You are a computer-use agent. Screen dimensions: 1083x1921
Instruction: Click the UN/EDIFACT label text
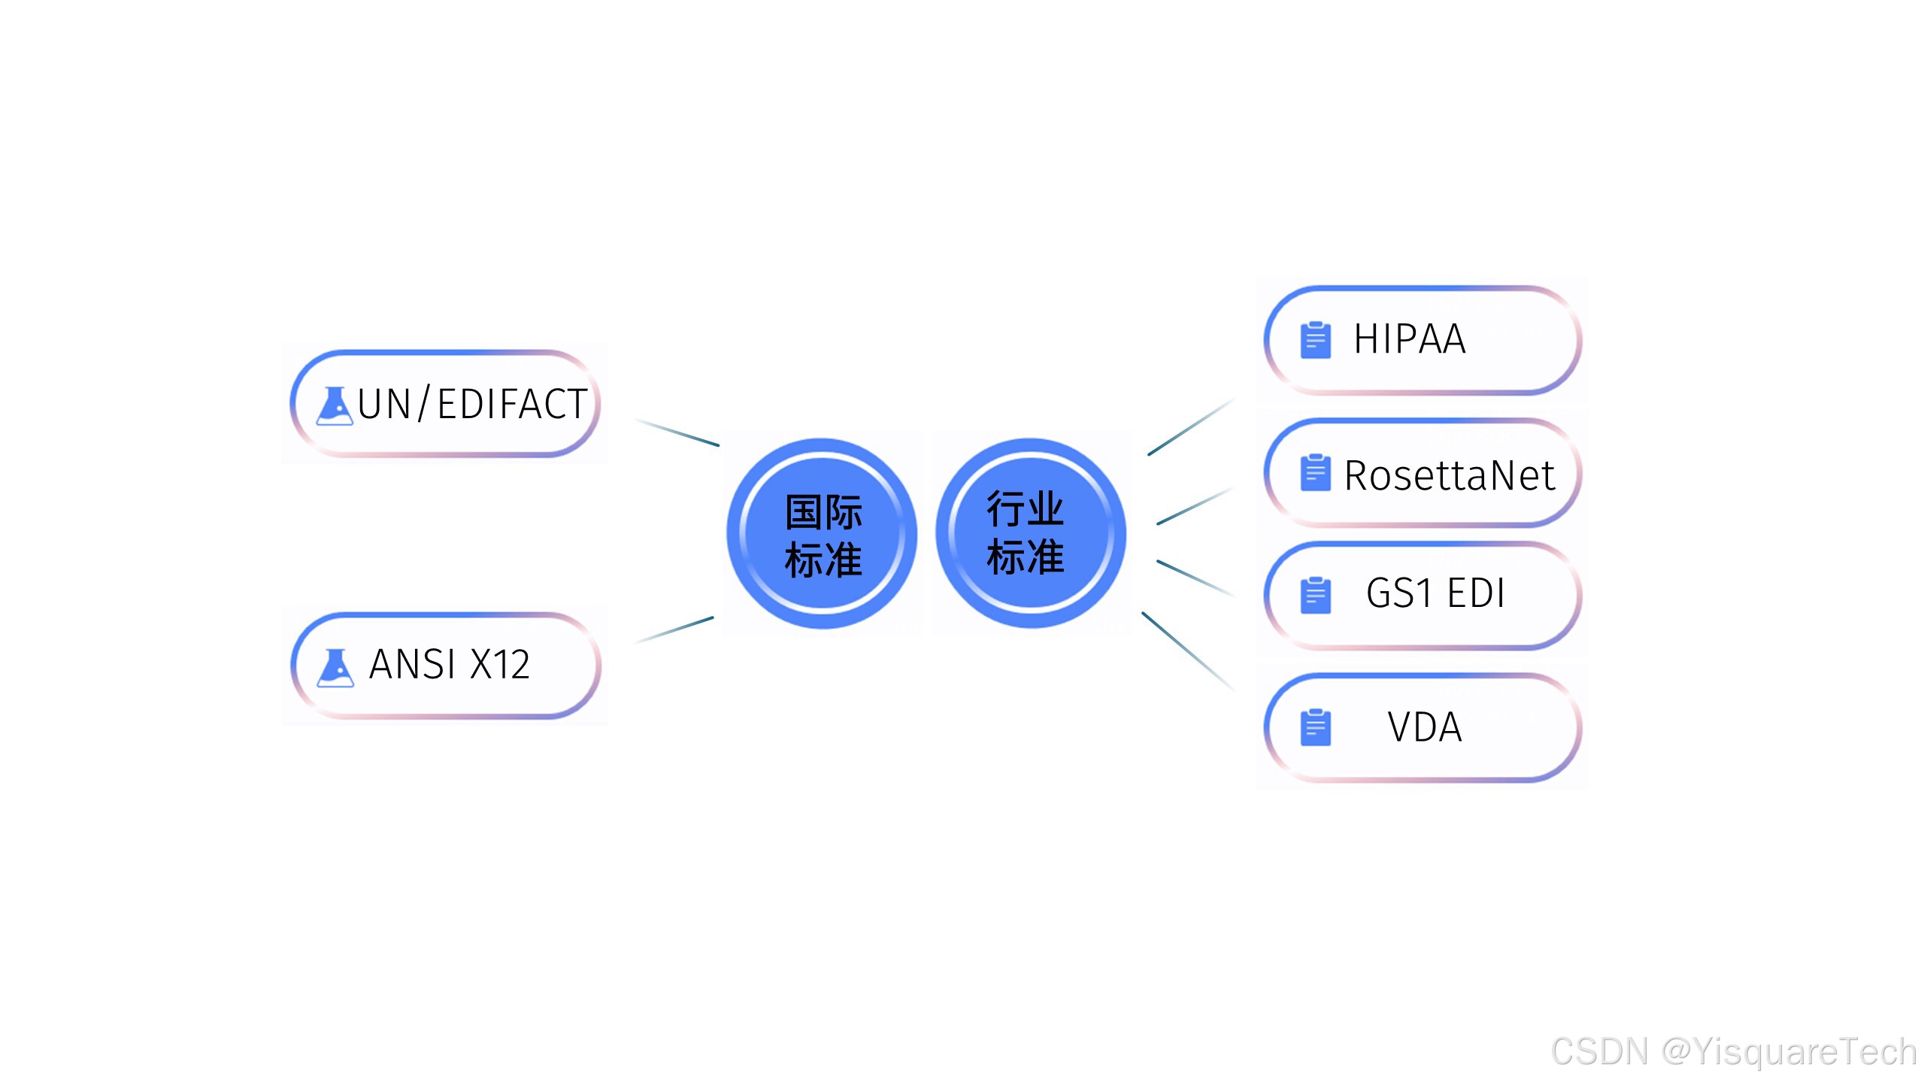pyautogui.click(x=472, y=404)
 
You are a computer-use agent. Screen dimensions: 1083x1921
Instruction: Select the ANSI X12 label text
pyautogui.click(x=450, y=665)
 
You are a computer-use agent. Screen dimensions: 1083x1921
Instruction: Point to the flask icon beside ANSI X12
pyautogui.click(x=335, y=667)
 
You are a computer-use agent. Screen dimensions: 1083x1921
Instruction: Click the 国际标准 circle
pyautogui.click(x=822, y=533)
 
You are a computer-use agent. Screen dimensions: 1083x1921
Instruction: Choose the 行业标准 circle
pyautogui.click(x=1030, y=533)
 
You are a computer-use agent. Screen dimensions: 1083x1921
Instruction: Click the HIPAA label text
pyautogui.click(x=1409, y=339)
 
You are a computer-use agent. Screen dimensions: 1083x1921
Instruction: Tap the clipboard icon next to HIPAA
pyautogui.click(x=1315, y=340)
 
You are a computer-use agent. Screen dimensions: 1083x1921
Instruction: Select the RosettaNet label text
pyautogui.click(x=1449, y=475)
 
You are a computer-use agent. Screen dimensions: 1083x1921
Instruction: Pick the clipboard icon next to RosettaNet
pyautogui.click(x=1315, y=472)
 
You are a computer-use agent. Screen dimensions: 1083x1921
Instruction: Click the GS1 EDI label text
pyautogui.click(x=1435, y=593)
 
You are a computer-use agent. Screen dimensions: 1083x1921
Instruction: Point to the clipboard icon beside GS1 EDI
pyautogui.click(x=1315, y=595)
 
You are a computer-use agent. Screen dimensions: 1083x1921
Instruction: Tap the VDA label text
pyautogui.click(x=1425, y=727)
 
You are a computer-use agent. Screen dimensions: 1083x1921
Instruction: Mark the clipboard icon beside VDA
pyautogui.click(x=1315, y=727)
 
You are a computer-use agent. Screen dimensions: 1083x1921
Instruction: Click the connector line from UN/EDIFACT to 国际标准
pyautogui.click(x=677, y=432)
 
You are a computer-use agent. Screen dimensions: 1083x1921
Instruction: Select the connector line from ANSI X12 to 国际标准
pyautogui.click(x=674, y=630)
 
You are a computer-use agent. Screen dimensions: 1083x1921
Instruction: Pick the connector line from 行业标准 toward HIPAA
pyautogui.click(x=1190, y=427)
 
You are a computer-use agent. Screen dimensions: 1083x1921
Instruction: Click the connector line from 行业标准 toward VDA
pyautogui.click(x=1187, y=651)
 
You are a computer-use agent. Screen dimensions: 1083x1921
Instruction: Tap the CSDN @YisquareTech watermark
pyautogui.click(x=1733, y=1051)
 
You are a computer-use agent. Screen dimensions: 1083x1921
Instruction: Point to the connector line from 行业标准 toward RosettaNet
pyautogui.click(x=1194, y=506)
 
